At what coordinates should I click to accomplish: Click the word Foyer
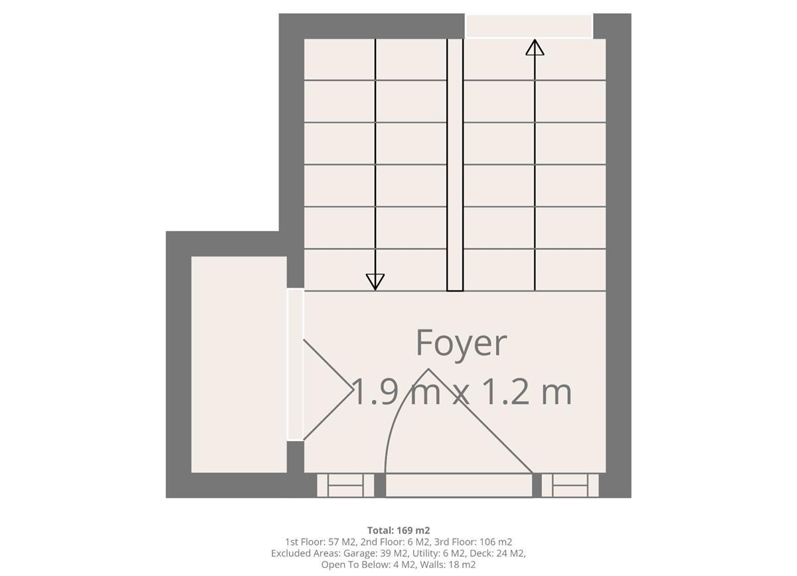461,343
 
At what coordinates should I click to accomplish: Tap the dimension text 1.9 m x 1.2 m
461,391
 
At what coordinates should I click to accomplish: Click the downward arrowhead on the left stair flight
375,282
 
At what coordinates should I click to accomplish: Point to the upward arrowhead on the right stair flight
535,47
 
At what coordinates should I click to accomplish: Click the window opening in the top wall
529,26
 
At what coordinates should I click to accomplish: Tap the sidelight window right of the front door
570,485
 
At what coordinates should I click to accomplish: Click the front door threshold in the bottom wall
459,485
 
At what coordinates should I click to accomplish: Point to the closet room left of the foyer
239,364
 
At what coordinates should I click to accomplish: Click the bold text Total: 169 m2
398,530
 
